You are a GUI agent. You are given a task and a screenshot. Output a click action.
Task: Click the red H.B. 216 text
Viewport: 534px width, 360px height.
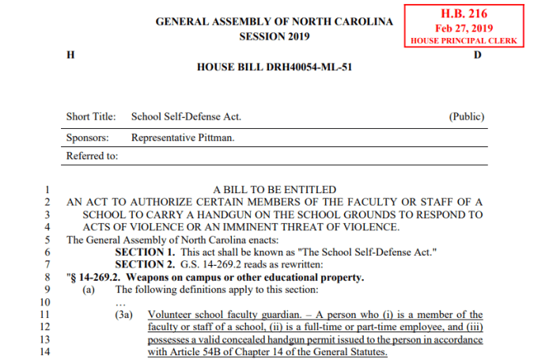pyautogui.click(x=464, y=13)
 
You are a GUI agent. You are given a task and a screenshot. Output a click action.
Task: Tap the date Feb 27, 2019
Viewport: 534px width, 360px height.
pyautogui.click(x=464, y=28)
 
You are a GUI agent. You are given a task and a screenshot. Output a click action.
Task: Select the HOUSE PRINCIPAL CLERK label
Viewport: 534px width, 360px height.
pyautogui.click(x=464, y=40)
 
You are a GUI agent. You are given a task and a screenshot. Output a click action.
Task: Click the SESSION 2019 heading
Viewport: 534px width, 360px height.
pyautogui.click(x=275, y=36)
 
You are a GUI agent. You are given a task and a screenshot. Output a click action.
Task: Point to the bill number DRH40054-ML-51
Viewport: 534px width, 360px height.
pyautogui.click(x=274, y=67)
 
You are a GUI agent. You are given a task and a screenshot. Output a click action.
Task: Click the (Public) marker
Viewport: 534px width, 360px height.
pyautogui.click(x=467, y=116)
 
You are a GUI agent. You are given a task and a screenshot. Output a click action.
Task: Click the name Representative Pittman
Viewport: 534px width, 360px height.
pyautogui.click(x=183, y=136)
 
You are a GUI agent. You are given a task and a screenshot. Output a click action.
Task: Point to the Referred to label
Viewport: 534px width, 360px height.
pyautogui.click(x=93, y=156)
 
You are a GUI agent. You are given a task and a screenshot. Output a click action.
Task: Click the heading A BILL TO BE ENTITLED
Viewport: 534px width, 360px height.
pyautogui.click(x=275, y=190)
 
